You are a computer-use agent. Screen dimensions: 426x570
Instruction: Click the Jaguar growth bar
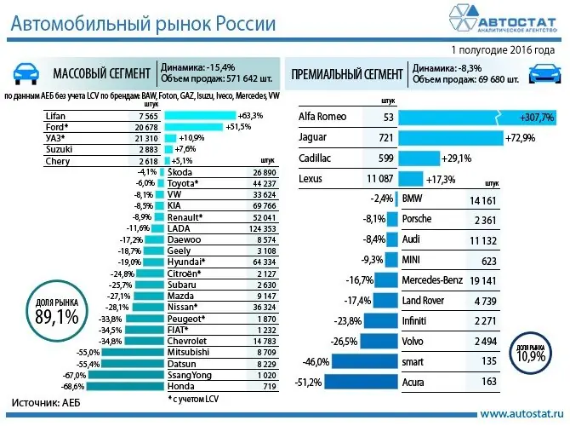pyautogui.click(x=450, y=137)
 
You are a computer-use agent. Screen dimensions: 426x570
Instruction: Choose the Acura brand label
pyautogui.click(x=414, y=383)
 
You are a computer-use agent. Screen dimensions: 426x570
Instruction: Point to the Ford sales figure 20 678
pyautogui.click(x=142, y=126)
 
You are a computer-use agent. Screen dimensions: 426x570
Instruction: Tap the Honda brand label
pyautogui.click(x=183, y=386)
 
